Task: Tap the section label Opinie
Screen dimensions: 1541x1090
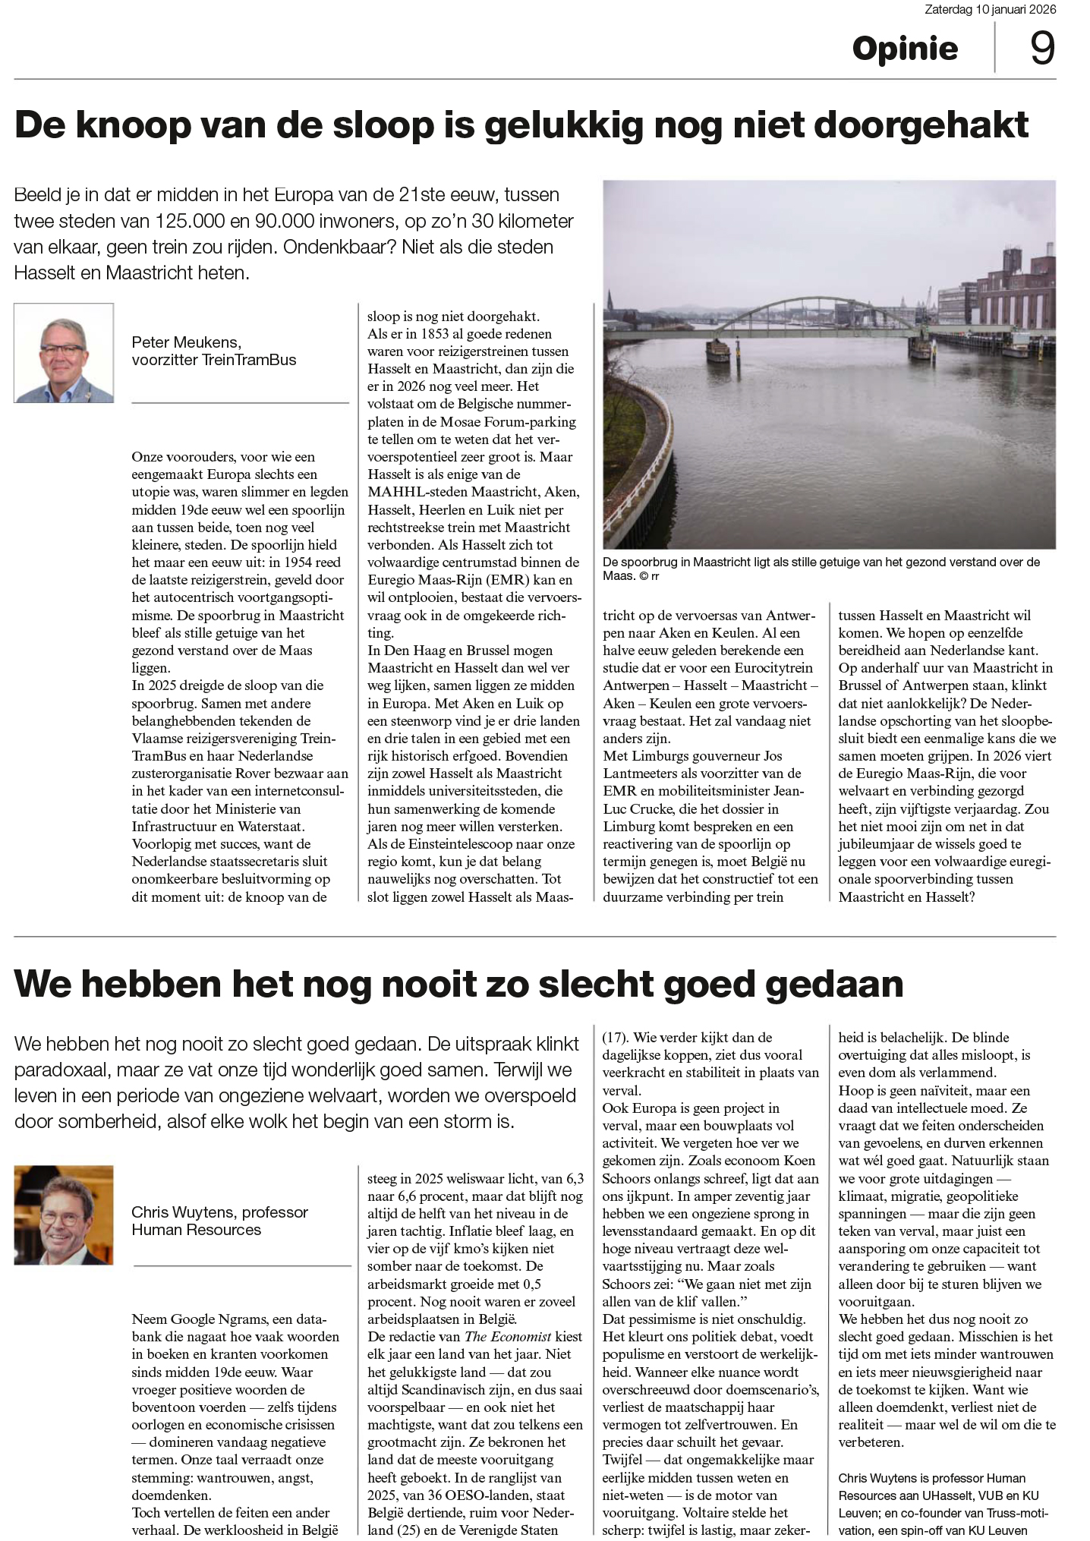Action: pos(905,49)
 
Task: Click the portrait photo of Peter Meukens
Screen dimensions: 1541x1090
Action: pos(64,353)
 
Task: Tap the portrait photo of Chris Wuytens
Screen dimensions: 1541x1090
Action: pos(64,1215)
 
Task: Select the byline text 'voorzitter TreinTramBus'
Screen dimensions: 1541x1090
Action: pos(214,360)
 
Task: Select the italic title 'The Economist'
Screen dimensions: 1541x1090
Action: pos(508,1336)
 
